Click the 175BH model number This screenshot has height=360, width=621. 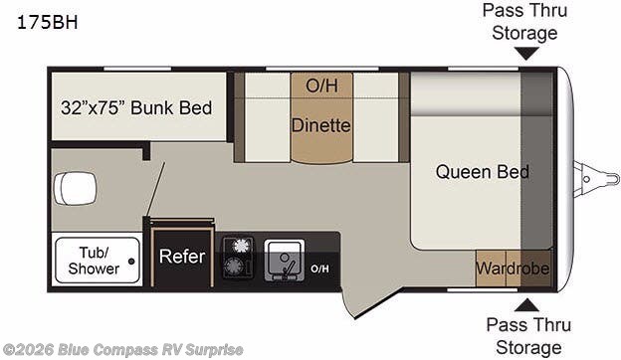[47, 23]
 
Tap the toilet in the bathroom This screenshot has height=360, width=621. [75, 188]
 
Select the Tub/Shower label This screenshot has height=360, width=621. [94, 261]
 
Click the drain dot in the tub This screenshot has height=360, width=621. [131, 262]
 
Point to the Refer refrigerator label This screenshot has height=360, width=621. [182, 257]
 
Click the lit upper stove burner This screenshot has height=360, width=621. [241, 246]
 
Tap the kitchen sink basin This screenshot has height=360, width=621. [285, 261]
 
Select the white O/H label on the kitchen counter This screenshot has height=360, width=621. [319, 270]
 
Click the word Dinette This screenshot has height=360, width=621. [321, 126]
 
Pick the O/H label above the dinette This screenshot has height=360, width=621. [321, 86]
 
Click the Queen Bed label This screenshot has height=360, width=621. [483, 172]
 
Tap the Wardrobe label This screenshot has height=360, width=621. [513, 269]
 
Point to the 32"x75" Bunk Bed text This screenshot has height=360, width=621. [136, 108]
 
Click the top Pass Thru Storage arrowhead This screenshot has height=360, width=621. [526, 54]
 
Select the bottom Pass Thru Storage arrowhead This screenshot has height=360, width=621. [526, 305]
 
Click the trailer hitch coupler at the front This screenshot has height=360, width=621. [596, 179]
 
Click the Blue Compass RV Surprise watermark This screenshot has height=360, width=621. [122, 350]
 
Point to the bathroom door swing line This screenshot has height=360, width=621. [155, 190]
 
